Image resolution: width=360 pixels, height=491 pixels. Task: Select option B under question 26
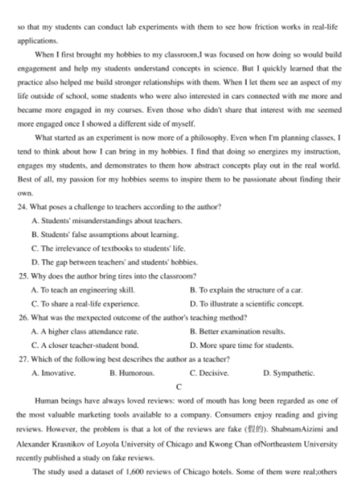click(x=237, y=331)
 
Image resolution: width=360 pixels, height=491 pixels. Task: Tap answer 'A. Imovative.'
click(x=54, y=373)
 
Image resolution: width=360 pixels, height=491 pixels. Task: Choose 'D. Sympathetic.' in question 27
click(x=288, y=373)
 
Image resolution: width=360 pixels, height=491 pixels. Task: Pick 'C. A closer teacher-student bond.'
click(x=85, y=345)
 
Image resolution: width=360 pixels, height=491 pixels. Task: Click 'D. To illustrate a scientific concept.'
click(x=246, y=303)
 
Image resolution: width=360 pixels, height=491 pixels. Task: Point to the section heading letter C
click(x=179, y=387)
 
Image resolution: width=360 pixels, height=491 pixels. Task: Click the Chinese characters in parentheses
click(x=256, y=429)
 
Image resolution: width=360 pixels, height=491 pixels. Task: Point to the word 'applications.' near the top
click(x=37, y=40)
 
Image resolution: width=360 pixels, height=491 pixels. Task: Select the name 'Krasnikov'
click(x=70, y=443)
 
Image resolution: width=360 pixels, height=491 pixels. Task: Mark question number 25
click(x=22, y=276)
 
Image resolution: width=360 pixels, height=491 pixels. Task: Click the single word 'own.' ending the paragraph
click(x=25, y=192)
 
